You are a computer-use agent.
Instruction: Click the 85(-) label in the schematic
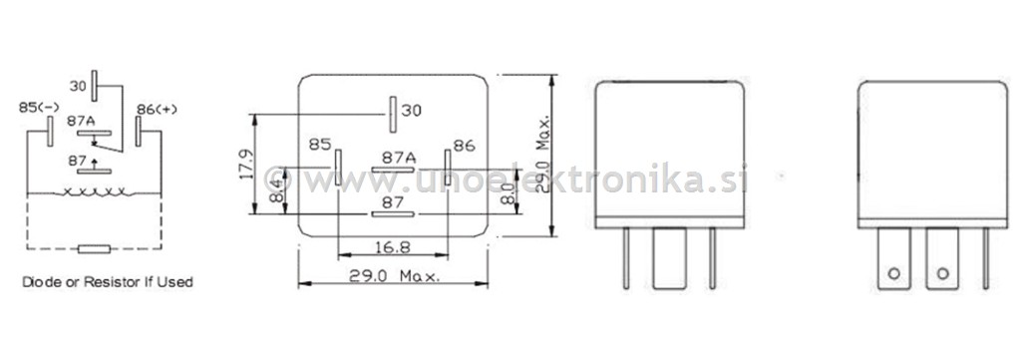pos(39,108)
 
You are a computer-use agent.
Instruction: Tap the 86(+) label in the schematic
pos(157,109)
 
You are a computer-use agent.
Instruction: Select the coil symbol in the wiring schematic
pos(95,192)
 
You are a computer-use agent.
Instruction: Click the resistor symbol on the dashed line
pos(94,248)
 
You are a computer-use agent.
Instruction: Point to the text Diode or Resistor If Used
pos(108,282)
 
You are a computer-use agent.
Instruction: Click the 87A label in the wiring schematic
pos(81,121)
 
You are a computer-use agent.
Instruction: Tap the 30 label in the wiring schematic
pos(78,86)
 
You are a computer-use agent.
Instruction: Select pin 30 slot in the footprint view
pos(393,114)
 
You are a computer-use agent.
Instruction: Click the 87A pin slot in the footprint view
pos(393,170)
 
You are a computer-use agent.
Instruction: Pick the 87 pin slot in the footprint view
pos(393,214)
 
